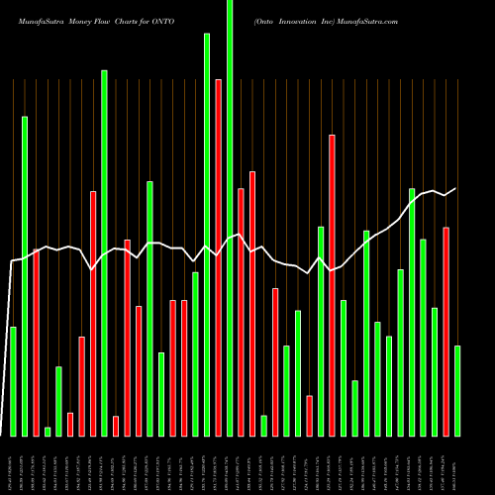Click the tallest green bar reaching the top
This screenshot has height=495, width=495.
230,218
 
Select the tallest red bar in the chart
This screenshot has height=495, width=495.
219,257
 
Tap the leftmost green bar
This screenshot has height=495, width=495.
13,381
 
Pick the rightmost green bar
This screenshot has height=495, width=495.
457,391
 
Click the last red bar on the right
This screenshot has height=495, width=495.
445,332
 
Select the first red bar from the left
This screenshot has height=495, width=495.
36,343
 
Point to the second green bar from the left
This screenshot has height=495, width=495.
25,276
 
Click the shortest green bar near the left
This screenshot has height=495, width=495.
48,431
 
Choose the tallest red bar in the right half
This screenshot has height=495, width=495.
333,285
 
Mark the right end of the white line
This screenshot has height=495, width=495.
456,188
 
